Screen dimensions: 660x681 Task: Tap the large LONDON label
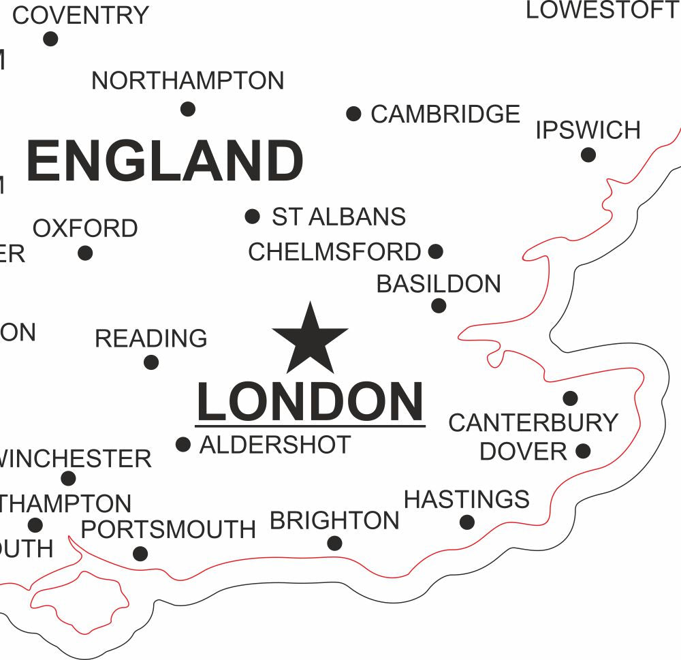pos(311,403)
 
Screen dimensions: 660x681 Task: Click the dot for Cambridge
pos(353,114)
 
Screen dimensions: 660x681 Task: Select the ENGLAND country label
pos(165,161)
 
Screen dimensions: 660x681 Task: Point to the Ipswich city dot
pos(588,155)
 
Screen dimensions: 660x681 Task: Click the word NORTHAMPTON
pos(188,81)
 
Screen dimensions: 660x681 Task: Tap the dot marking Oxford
pos(85,253)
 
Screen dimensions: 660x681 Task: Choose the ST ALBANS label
pos(338,217)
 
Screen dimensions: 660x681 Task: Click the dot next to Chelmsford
pos(436,252)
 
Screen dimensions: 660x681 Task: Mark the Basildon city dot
pos(439,306)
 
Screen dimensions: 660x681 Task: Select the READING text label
pos(151,339)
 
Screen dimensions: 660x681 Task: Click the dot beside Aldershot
pos(183,445)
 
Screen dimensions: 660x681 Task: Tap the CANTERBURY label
pos(533,423)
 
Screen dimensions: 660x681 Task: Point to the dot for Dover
pos(583,451)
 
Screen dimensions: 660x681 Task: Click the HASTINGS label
pos(466,500)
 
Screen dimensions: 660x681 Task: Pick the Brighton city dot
pos(334,543)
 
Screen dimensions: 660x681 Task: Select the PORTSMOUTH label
pos(168,530)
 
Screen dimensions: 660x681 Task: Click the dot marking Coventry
pos(50,39)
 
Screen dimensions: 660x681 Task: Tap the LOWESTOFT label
pos(602,10)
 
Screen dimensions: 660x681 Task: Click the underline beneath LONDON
pos(311,427)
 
